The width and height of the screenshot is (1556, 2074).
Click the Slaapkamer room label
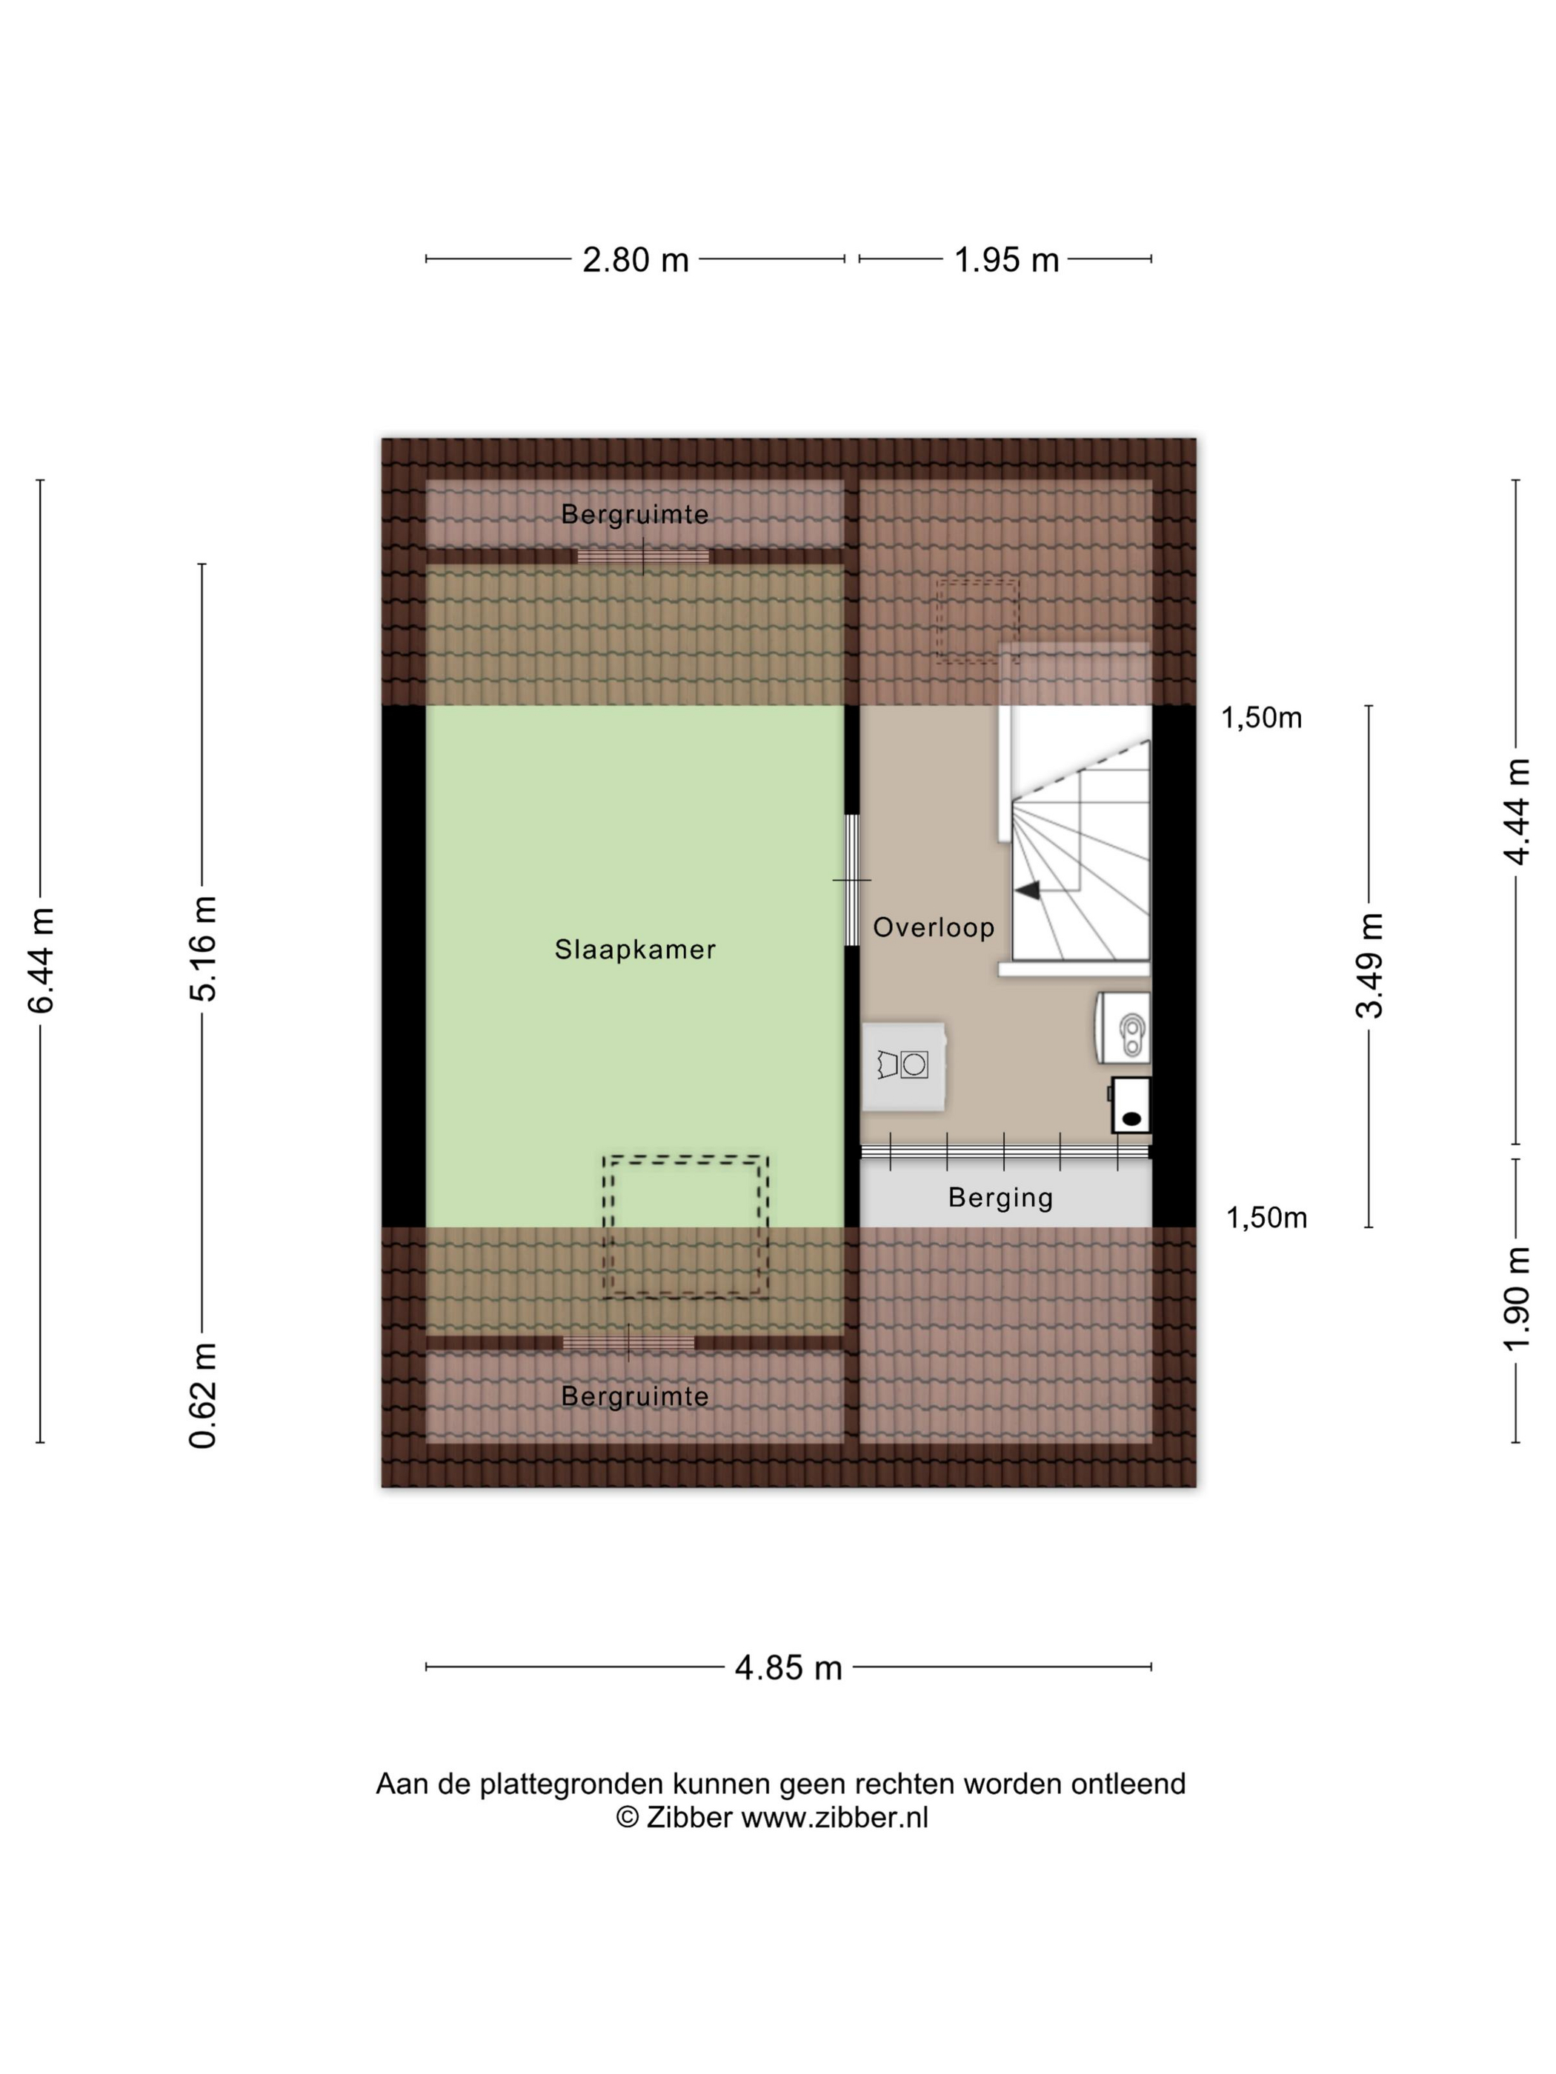(x=635, y=950)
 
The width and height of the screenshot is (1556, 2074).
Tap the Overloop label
(x=933, y=927)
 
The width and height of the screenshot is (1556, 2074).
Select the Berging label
(x=1001, y=1198)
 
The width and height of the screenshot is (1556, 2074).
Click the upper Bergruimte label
(x=635, y=515)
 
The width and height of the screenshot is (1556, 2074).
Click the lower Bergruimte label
(x=635, y=1396)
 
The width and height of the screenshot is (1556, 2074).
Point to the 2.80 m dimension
(x=635, y=260)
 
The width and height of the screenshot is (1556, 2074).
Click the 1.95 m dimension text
(x=1006, y=260)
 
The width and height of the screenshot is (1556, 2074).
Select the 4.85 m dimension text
(x=789, y=1668)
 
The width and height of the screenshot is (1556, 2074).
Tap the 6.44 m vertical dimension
(x=42, y=960)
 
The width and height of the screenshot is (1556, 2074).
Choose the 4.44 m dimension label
(x=1517, y=812)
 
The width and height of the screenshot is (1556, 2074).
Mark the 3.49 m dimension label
(x=1370, y=965)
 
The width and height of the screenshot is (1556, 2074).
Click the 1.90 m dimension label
(x=1517, y=1299)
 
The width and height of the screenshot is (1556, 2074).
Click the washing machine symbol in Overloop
(x=903, y=1066)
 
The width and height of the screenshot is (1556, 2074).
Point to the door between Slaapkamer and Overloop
(x=851, y=881)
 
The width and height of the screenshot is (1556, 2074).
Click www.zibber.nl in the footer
(x=835, y=1818)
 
